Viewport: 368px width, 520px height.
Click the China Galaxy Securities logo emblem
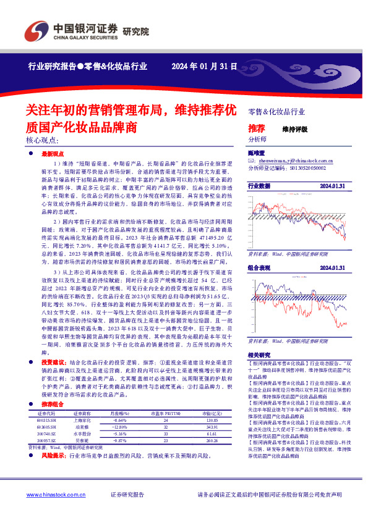point(36,29)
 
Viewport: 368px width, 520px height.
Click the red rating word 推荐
point(256,128)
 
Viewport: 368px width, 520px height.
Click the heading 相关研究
point(259,356)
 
